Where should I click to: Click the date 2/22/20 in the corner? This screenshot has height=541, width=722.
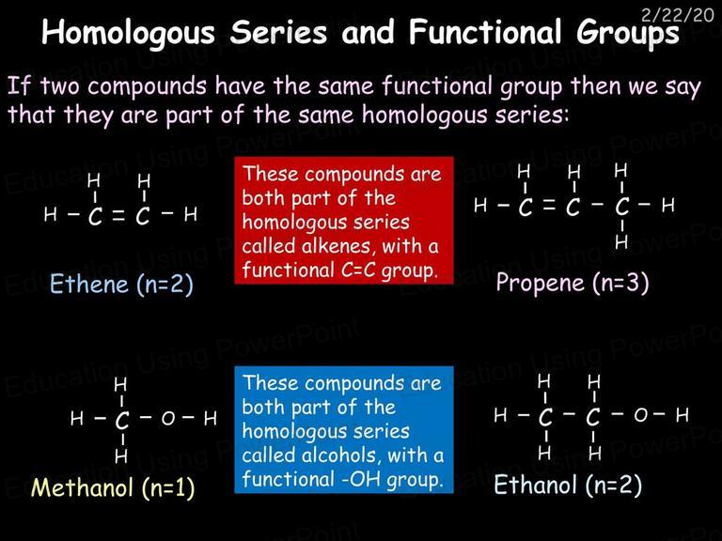click(677, 15)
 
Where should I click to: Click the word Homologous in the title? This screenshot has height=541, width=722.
click(129, 33)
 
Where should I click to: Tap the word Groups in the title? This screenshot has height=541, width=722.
click(628, 33)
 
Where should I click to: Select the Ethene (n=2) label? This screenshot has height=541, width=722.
click(121, 284)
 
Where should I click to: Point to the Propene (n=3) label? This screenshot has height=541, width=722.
click(573, 283)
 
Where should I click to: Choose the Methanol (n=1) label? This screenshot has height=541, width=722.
click(113, 487)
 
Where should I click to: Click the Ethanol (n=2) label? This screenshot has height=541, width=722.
click(568, 486)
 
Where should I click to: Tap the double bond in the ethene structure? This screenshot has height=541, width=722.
click(118, 215)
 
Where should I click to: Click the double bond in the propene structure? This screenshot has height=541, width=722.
click(549, 206)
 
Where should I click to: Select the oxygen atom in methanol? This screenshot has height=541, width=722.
click(168, 418)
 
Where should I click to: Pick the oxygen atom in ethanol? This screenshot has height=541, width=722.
click(641, 415)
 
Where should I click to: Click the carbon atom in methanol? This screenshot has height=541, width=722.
click(122, 420)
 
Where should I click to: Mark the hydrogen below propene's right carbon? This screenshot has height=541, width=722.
click(621, 241)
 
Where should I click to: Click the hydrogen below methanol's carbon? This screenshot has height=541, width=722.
click(121, 456)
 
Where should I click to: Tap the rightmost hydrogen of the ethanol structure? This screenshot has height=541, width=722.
click(683, 415)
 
